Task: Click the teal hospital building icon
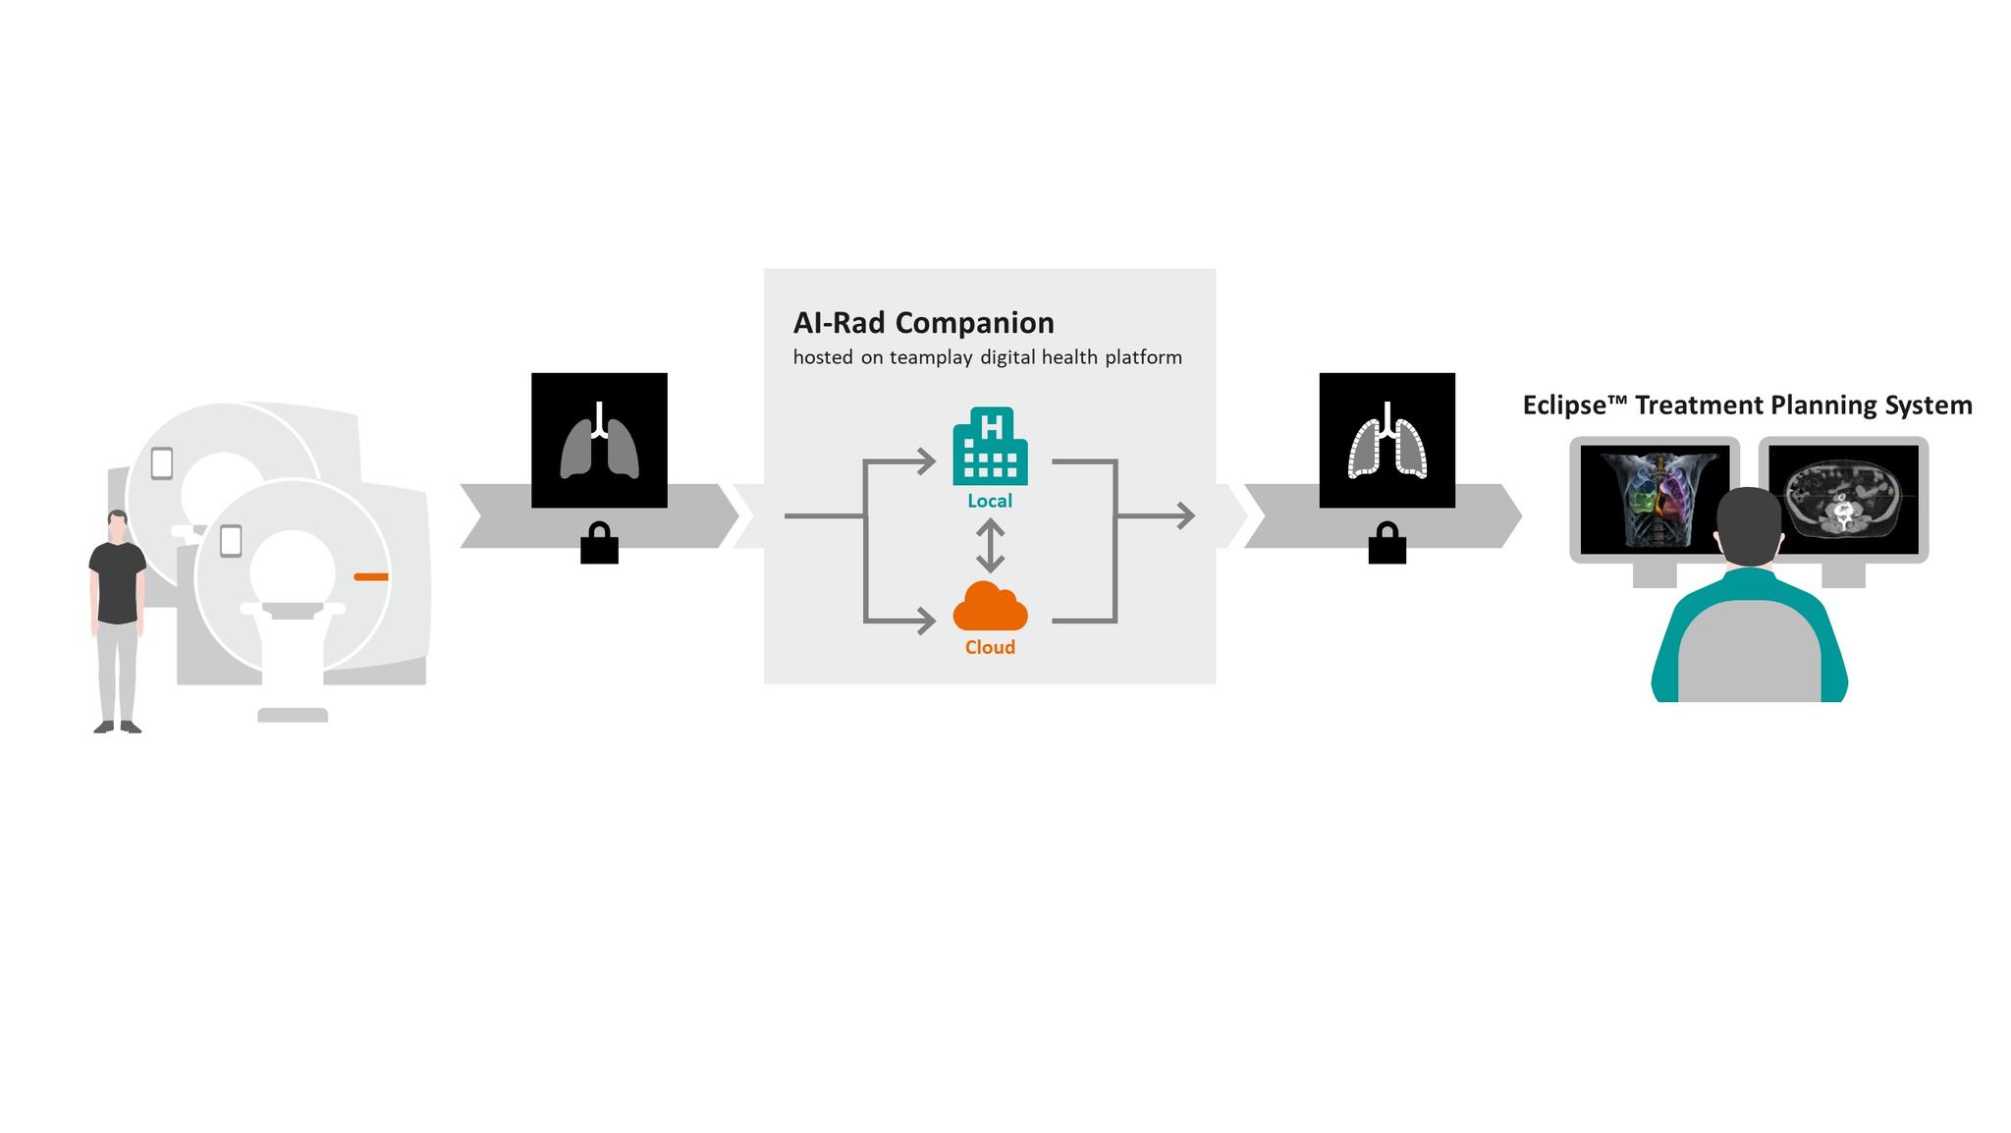[x=990, y=448]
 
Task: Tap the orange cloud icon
[x=990, y=608]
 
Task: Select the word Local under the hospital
[x=990, y=501]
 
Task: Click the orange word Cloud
[x=990, y=647]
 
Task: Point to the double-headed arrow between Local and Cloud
[x=990, y=546]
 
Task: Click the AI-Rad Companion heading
[x=923, y=323]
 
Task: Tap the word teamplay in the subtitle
[x=930, y=357]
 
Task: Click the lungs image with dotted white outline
[x=1386, y=441]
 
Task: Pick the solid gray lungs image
[x=599, y=441]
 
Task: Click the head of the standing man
[x=118, y=525]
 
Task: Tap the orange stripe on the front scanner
[x=370, y=576]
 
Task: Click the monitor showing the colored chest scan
[x=1655, y=498]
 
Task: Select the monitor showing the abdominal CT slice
[x=1843, y=498]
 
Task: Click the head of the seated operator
[x=1748, y=525]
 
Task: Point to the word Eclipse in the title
[x=1564, y=405]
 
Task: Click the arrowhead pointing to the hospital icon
[x=927, y=460]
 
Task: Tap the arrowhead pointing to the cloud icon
[x=927, y=620]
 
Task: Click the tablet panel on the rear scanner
[x=162, y=463]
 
